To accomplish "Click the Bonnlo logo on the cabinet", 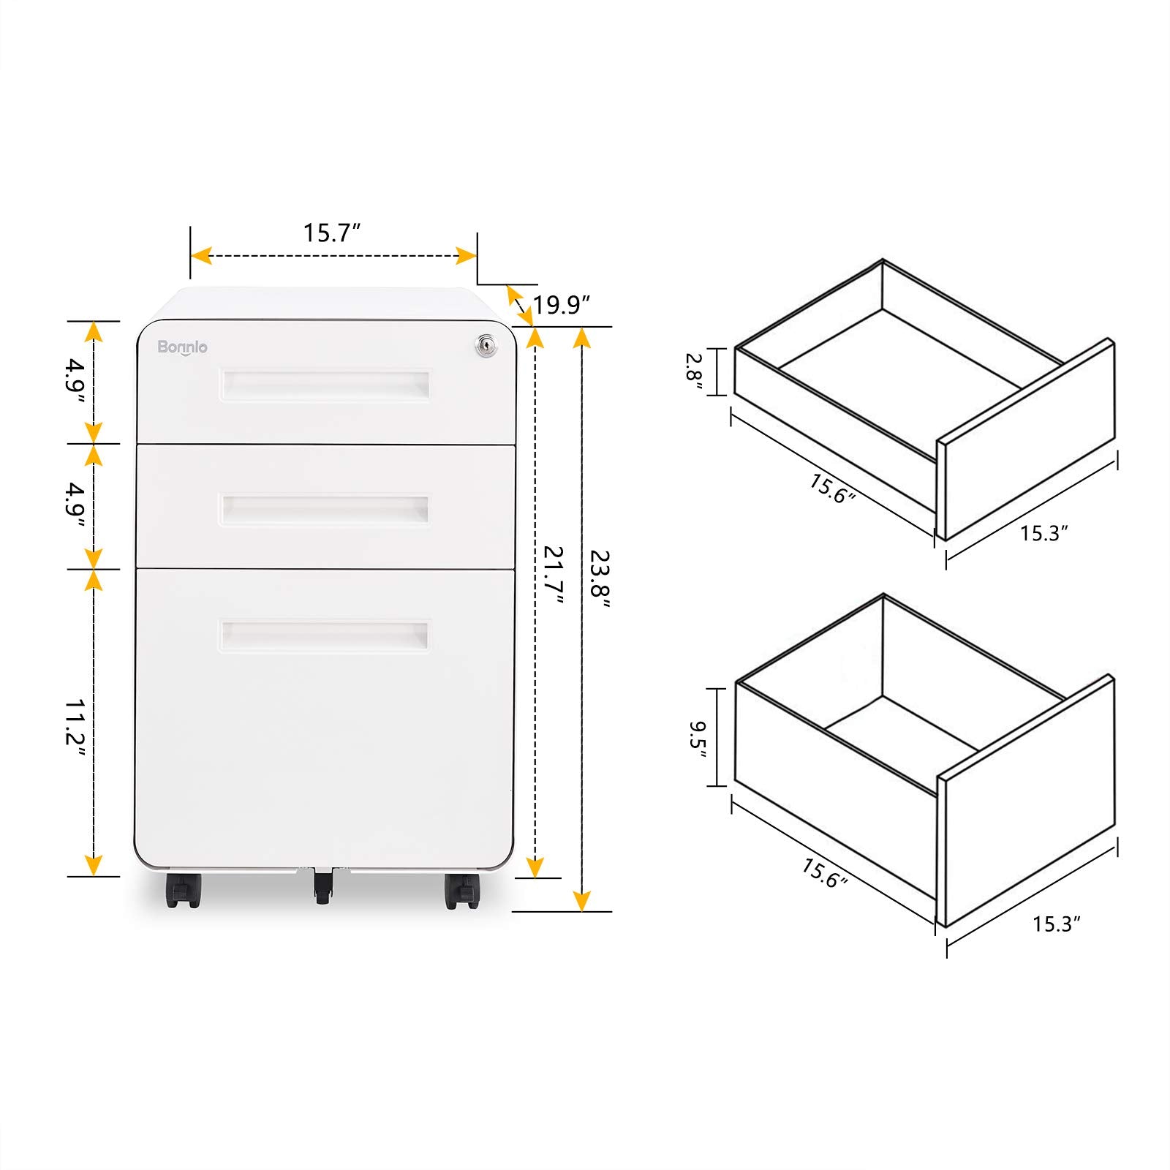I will (x=182, y=347).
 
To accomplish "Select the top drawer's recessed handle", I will (x=325, y=385).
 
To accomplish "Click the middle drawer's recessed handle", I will (x=325, y=509).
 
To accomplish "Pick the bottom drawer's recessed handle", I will (x=325, y=635).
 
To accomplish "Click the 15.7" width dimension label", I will (x=332, y=233).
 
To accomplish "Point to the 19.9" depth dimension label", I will (x=561, y=305).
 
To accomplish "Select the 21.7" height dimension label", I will (x=554, y=575).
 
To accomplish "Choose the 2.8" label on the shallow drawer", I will (x=694, y=372).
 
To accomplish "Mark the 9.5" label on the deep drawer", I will (x=697, y=739).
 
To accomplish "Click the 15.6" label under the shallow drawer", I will (x=832, y=488).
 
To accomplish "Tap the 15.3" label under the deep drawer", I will (x=1056, y=924).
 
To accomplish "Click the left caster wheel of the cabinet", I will (x=183, y=891).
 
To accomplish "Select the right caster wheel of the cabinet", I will (x=461, y=891).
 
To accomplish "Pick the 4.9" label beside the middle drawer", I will (x=76, y=505).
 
